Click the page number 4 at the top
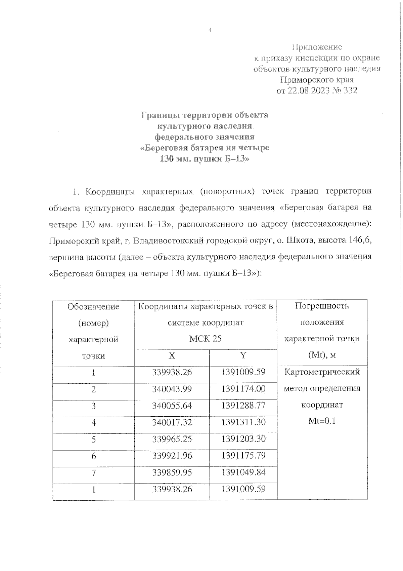(x=210, y=31)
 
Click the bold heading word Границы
(x=160, y=115)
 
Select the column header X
(x=172, y=356)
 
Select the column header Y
(x=243, y=355)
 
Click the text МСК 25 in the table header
(x=205, y=339)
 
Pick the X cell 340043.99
(x=172, y=389)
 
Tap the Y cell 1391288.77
(x=243, y=405)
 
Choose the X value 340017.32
(x=172, y=422)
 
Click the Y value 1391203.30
(x=243, y=439)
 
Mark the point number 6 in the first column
(x=93, y=456)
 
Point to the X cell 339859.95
(x=172, y=472)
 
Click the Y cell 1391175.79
(x=243, y=455)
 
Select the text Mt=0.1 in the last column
(x=322, y=421)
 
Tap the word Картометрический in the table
(x=322, y=372)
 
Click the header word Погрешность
(x=322, y=306)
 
